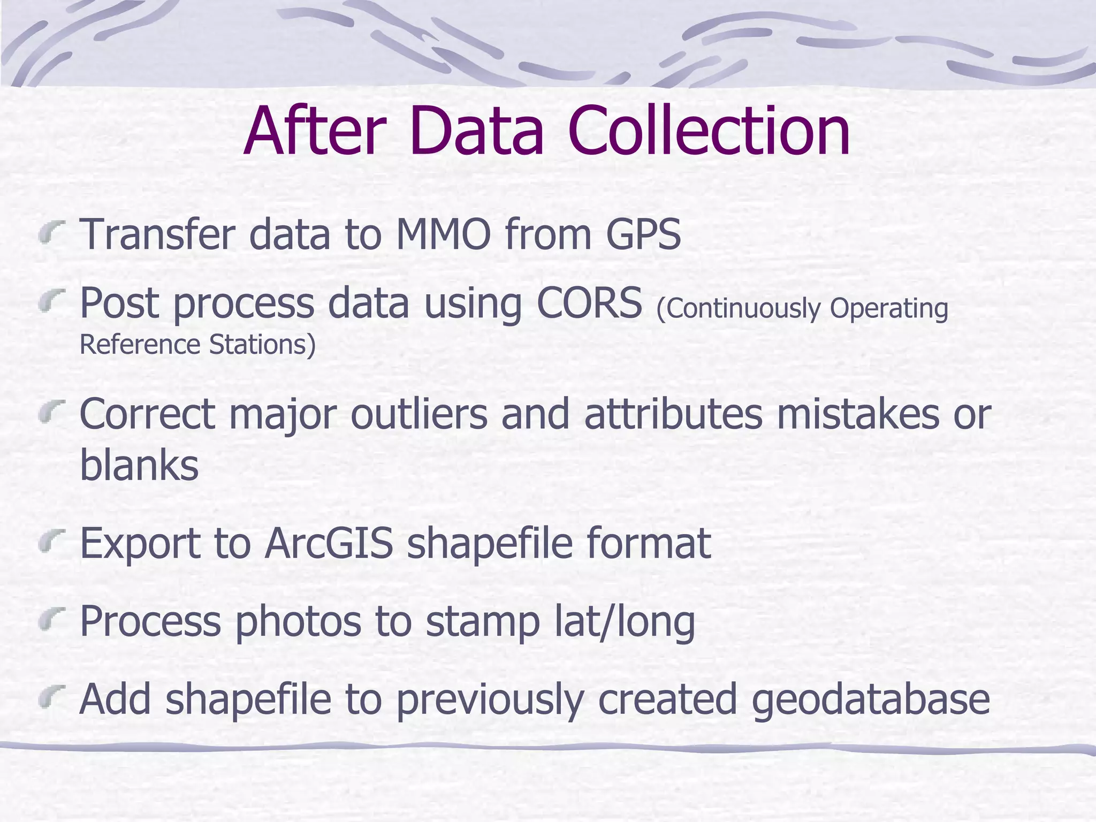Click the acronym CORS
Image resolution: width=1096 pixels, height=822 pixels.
pyautogui.click(x=589, y=303)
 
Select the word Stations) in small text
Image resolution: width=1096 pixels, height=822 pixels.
pyautogui.click(x=262, y=345)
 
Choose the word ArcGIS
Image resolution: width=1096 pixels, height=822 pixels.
pyautogui.click(x=329, y=543)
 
